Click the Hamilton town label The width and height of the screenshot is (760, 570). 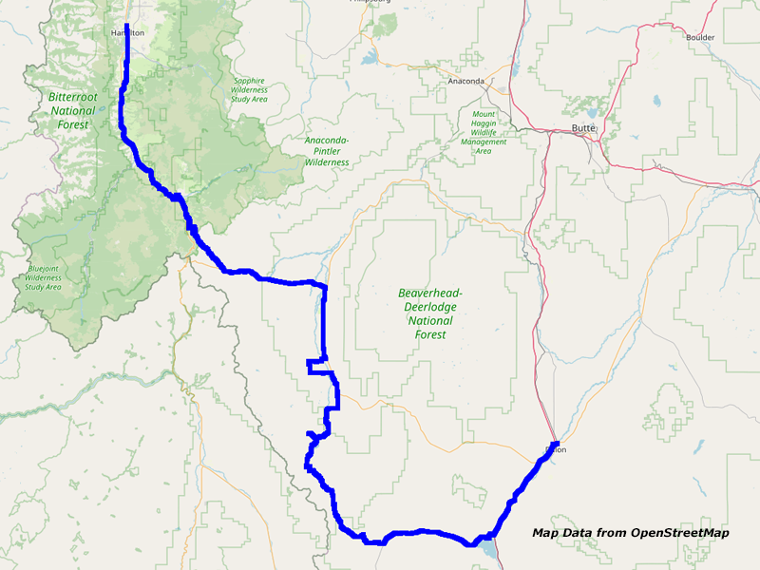point(127,32)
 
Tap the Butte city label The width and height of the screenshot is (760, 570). point(583,128)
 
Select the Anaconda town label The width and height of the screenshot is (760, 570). point(466,81)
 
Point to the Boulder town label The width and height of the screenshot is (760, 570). point(699,37)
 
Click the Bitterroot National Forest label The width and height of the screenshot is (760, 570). point(72,110)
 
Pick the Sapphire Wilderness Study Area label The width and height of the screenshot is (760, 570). point(250,90)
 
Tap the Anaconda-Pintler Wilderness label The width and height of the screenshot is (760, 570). point(327,151)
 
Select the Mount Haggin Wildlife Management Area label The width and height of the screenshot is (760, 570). point(483,132)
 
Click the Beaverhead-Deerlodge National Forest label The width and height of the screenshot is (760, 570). point(430,313)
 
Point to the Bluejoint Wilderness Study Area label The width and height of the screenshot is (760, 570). point(44,277)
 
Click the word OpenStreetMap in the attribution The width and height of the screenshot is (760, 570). point(683,533)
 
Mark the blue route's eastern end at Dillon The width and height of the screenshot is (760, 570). point(555,444)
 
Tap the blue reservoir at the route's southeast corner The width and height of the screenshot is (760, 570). point(487,548)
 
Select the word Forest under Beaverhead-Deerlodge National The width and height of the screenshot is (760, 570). point(430,334)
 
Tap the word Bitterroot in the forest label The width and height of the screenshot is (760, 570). point(72,97)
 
